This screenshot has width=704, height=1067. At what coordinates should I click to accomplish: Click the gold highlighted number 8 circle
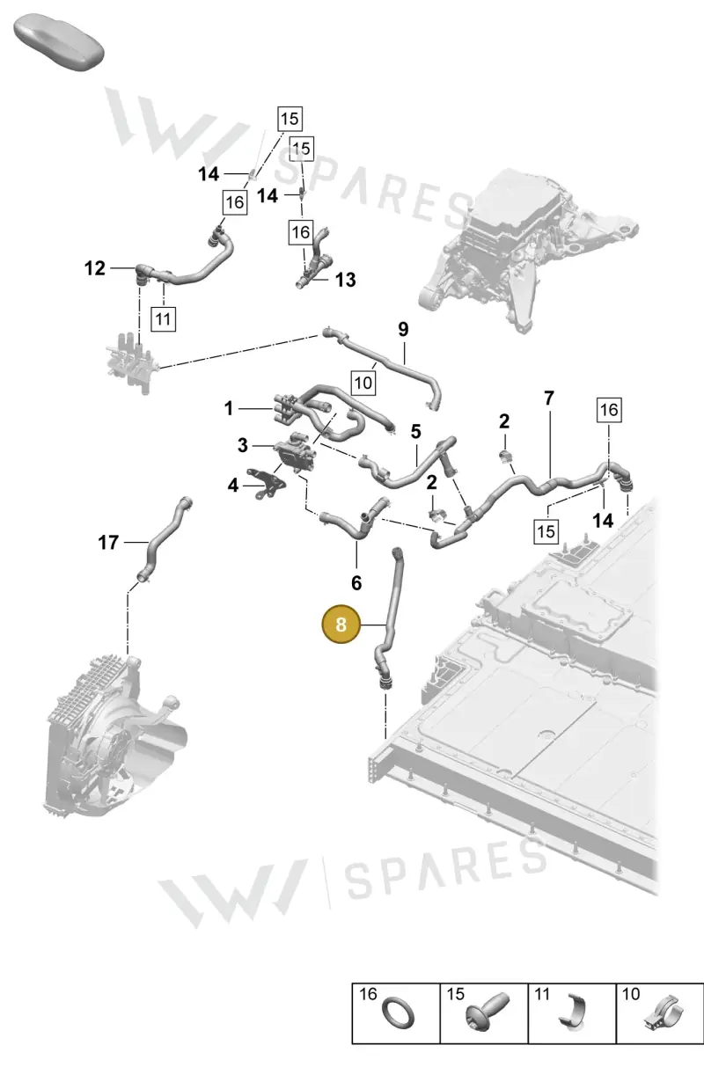coord(341,624)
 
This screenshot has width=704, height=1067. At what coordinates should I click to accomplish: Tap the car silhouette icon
coord(59,43)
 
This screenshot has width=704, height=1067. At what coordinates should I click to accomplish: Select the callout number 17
coord(108,543)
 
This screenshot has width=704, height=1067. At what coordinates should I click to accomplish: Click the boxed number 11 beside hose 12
coord(163,318)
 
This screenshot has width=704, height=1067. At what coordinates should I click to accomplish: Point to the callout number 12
coord(94,268)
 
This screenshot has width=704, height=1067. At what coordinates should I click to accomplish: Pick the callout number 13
coord(345,280)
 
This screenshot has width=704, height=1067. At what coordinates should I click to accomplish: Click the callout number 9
coord(403,329)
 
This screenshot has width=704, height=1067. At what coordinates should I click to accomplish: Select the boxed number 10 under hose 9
coord(363,383)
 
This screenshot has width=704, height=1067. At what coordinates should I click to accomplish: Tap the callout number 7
coord(549,398)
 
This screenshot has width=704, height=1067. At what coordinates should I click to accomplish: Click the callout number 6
coord(356,582)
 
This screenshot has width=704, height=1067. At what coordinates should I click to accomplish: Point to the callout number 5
coord(415,432)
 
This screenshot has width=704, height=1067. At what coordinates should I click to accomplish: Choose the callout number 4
coord(232,486)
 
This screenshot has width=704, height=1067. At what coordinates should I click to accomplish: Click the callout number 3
coord(243,446)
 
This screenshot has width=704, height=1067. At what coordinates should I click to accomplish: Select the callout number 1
coord(229,409)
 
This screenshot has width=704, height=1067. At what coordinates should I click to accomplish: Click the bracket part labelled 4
coord(267,485)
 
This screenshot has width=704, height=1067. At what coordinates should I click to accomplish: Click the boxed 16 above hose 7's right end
coord(609,410)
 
